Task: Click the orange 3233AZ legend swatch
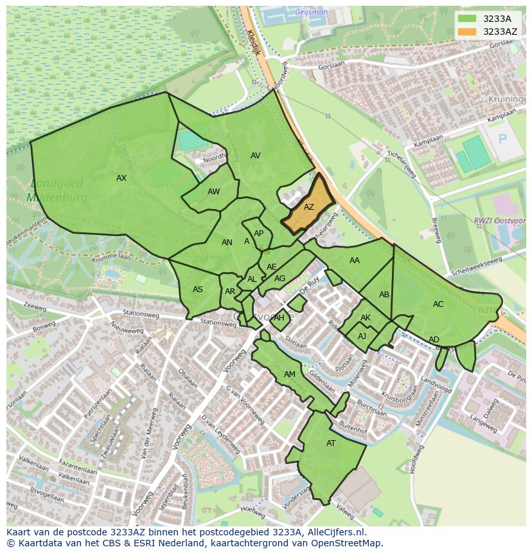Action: coord(468,32)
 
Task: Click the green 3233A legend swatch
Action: coord(468,19)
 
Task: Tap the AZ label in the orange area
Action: coord(309,207)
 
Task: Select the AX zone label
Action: coord(121,178)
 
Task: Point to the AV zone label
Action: coord(256,156)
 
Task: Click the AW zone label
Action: coord(214,192)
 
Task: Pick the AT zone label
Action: coord(331,443)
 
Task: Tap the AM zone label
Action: coord(290,374)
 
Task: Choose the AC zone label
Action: coord(438,304)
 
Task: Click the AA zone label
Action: coord(355,261)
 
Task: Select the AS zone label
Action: coord(198,290)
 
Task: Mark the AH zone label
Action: coord(279,318)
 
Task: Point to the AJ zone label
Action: coord(362,337)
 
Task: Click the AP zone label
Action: coord(258,234)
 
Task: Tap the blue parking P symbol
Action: coord(502,139)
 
